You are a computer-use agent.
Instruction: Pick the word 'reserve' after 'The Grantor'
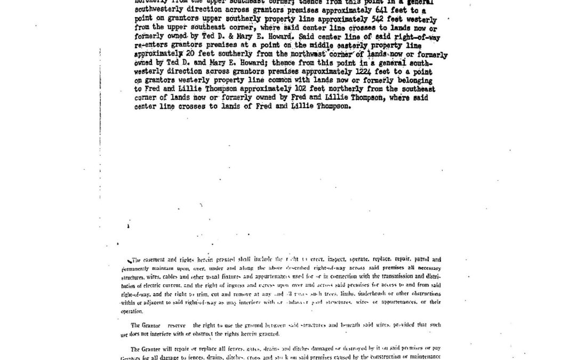(x=175, y=325)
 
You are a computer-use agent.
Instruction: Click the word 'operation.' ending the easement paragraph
(x=132, y=311)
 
